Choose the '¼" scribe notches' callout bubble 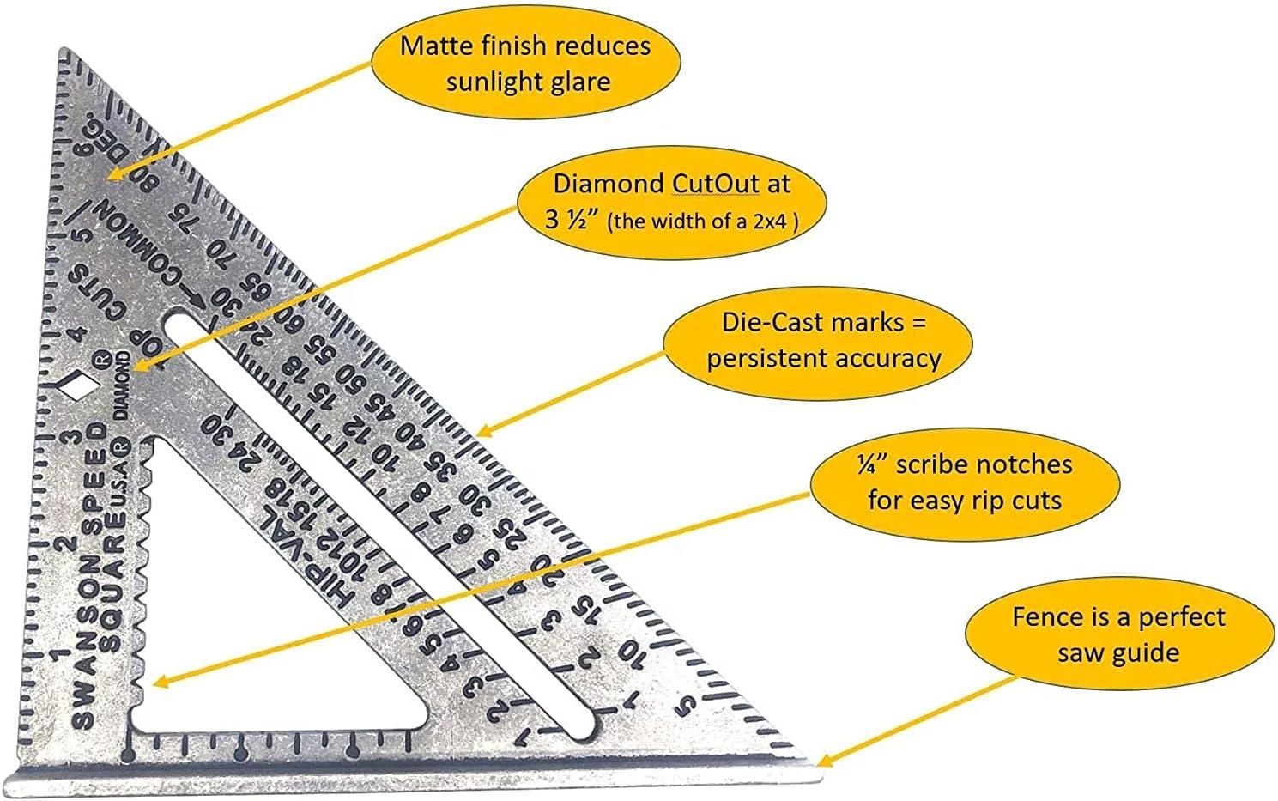(x=964, y=482)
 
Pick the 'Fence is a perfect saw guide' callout (x=1118, y=634)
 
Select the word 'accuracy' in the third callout (x=887, y=357)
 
